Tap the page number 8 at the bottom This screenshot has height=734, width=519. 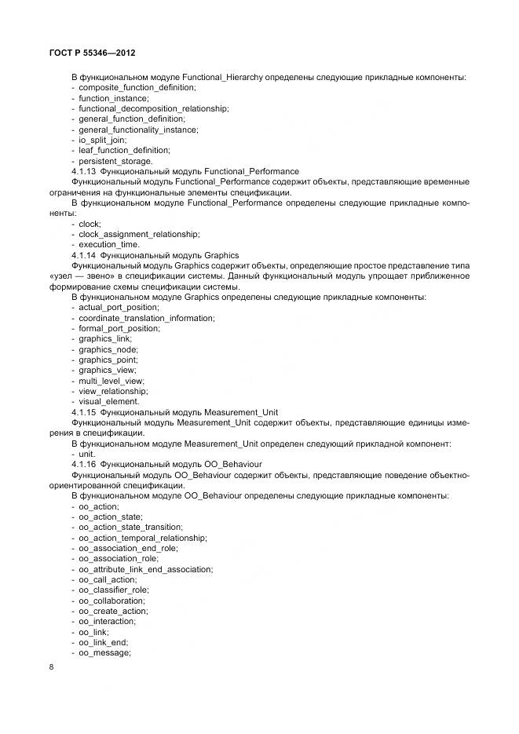click(x=51, y=667)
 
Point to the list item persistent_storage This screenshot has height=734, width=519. click(x=115, y=160)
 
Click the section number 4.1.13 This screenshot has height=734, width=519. click(x=84, y=170)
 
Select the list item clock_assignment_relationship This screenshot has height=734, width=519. click(x=139, y=234)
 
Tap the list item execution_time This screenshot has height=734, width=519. click(x=111, y=244)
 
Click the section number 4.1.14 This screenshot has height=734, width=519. click(x=84, y=255)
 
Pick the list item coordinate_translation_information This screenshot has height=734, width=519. click(x=147, y=318)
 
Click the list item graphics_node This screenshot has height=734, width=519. click(x=108, y=349)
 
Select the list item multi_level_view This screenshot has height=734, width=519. click(x=111, y=381)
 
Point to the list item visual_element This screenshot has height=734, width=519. click(x=110, y=401)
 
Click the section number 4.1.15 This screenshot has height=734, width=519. click(x=84, y=411)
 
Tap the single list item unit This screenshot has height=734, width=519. click(x=86, y=454)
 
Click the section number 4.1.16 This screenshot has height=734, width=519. click(x=84, y=465)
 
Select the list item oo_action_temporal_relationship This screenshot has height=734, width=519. click(x=143, y=538)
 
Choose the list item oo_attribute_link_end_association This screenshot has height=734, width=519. click(x=145, y=569)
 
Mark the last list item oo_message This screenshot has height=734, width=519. click(x=104, y=652)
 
